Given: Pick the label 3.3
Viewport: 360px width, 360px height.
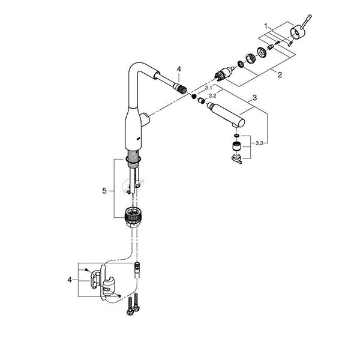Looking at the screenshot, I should [x=260, y=144].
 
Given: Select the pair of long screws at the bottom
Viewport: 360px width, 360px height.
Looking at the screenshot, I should [x=133, y=303].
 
